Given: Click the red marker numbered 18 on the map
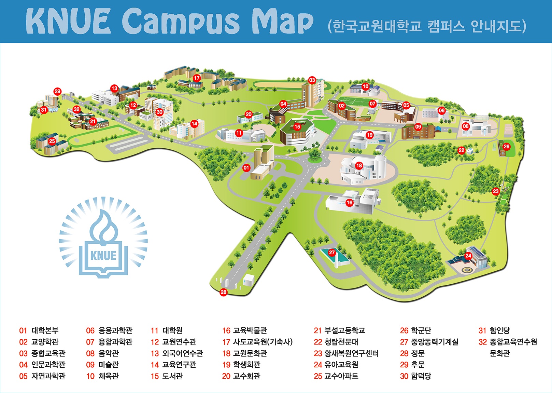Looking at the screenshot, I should (359, 166).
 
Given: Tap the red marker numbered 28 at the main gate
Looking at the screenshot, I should (224, 292).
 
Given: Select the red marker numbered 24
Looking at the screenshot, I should (468, 256).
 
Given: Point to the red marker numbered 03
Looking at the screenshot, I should (312, 80).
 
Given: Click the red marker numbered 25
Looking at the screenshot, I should (52, 141).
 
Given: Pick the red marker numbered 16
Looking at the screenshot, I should (350, 203).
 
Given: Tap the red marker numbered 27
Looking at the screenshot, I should (332, 253).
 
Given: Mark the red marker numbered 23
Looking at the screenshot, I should (496, 191).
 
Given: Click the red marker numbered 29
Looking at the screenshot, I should (57, 91).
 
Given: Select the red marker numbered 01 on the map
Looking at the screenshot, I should (246, 168).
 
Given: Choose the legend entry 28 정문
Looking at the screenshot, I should (412, 353).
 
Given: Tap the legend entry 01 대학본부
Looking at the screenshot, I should (39, 330).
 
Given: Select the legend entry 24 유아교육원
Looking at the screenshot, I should (336, 365).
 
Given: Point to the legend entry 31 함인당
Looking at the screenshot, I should (494, 330).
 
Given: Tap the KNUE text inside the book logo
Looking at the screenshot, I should (103, 255).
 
